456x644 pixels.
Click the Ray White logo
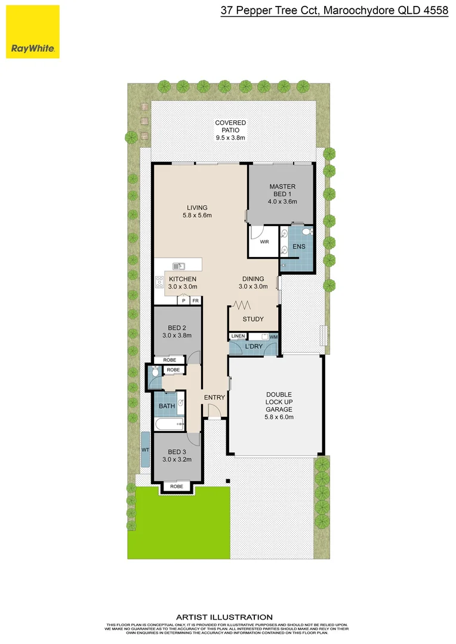click(33, 32)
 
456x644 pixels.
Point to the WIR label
click(264, 243)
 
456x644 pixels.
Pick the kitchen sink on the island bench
click(178, 266)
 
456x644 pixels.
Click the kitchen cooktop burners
click(160, 282)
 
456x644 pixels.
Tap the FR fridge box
click(195, 301)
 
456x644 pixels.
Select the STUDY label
click(253, 319)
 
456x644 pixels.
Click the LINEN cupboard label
click(238, 337)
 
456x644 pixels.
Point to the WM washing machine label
click(273, 338)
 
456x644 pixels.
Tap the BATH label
click(167, 407)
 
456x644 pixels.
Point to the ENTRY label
click(214, 398)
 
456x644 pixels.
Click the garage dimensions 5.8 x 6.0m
click(279, 417)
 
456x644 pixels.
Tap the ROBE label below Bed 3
click(177, 487)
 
